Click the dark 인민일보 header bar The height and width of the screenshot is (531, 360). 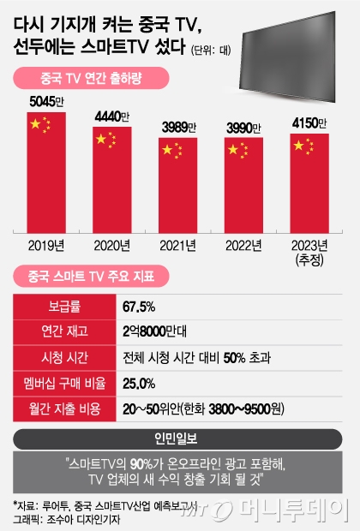pyautogui.click(x=179, y=438)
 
